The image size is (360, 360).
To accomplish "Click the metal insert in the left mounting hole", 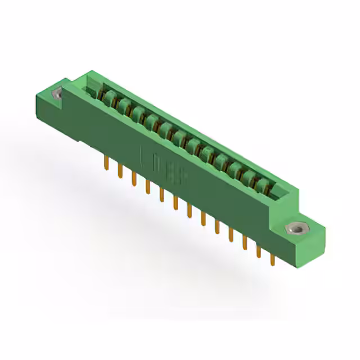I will point(57,94).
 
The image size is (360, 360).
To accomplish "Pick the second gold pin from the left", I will point(119,170).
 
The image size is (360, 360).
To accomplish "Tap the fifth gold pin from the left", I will point(161,194).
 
